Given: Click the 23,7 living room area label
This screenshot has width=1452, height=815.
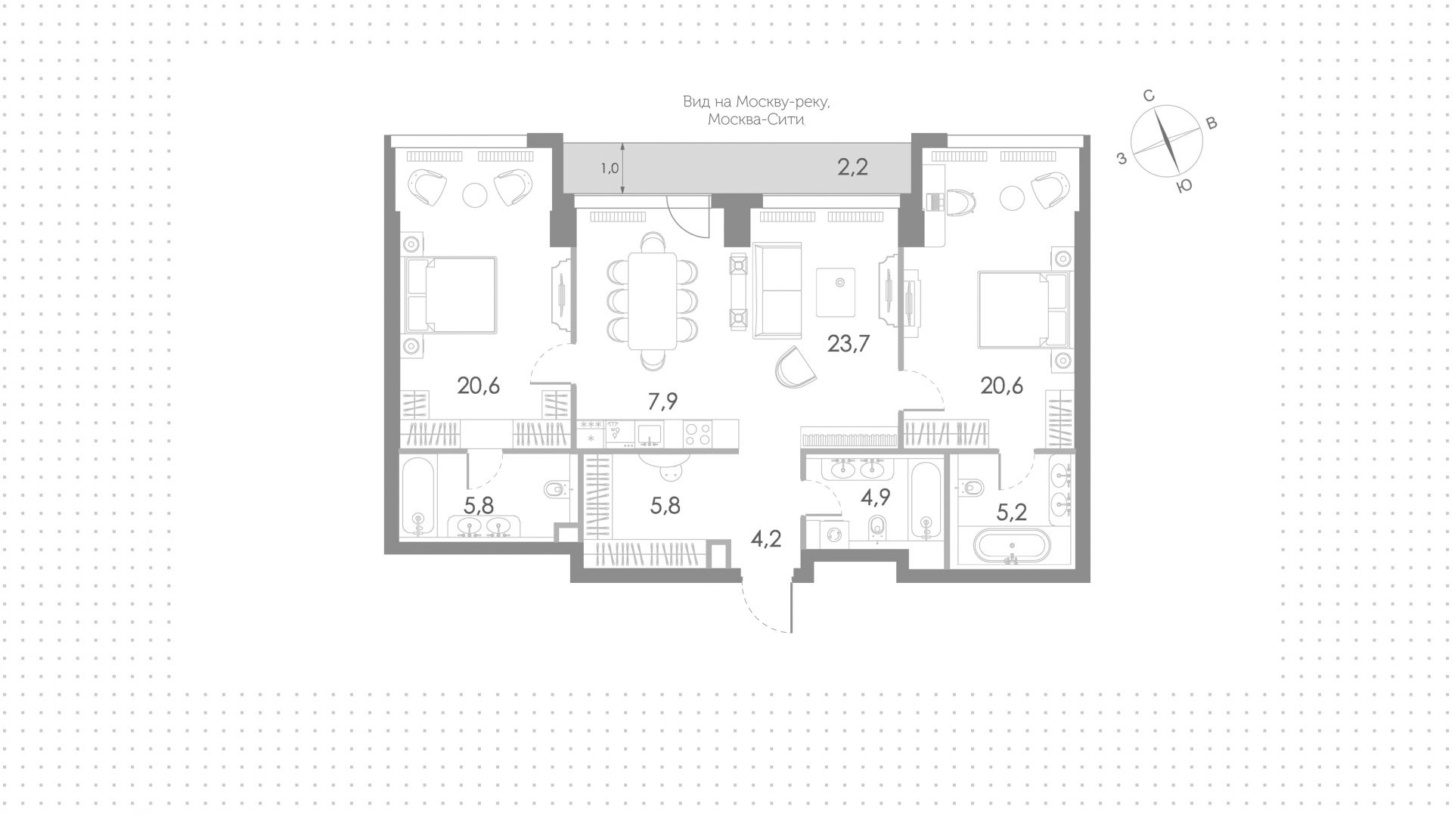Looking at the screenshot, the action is click(849, 344).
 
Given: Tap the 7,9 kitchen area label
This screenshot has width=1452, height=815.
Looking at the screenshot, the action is click(662, 401).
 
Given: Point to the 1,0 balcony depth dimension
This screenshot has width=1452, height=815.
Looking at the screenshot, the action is click(610, 169).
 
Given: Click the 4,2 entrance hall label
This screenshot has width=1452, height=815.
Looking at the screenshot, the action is click(765, 539).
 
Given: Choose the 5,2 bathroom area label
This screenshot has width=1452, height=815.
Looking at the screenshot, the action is click(1011, 513).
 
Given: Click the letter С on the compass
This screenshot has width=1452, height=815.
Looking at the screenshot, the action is click(1148, 95).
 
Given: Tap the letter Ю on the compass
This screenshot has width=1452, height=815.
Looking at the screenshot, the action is click(1184, 185).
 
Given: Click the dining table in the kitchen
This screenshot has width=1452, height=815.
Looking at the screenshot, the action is click(652, 301).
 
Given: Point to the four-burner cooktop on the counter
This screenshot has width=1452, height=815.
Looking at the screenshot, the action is click(697, 434).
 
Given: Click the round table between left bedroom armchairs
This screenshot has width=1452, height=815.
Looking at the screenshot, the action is click(476, 195).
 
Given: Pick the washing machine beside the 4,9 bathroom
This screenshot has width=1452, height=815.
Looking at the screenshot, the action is click(835, 533).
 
